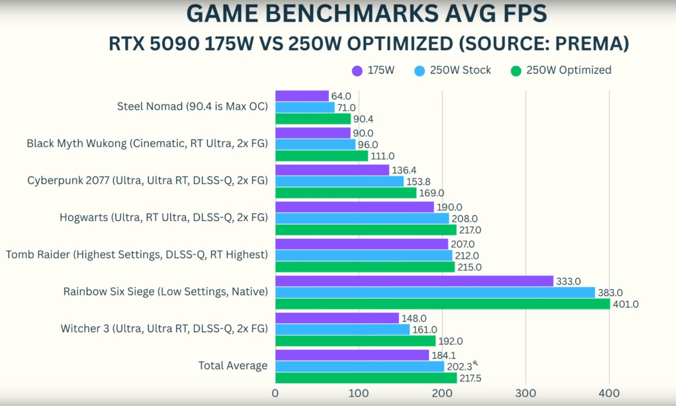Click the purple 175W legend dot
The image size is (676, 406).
tap(357, 71)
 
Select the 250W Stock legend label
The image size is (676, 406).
tap(460, 70)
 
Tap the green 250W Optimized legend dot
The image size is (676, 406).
tap(516, 71)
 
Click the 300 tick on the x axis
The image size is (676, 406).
tap(525, 393)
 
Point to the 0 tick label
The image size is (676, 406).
tap(275, 393)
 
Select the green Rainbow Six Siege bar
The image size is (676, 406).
tap(443, 304)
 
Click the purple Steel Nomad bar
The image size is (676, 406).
tap(302, 96)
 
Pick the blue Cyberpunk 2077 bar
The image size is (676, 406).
tap(339, 182)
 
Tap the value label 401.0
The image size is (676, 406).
tap(625, 304)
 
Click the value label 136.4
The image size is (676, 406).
tap(404, 170)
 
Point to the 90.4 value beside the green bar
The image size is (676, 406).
tap(363, 119)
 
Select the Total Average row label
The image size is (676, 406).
tap(233, 365)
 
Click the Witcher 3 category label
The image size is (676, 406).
tap(164, 328)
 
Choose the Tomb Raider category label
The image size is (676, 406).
tap(137, 254)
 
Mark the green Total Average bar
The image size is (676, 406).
tap(366, 378)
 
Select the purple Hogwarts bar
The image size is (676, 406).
tap(354, 207)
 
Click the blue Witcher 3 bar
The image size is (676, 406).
tap(342, 330)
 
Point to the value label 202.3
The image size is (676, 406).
tap(459, 367)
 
